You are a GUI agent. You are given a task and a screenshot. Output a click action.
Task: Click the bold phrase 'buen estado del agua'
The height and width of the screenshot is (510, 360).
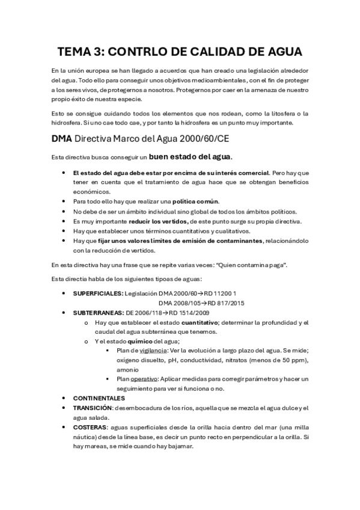[x=190, y=158]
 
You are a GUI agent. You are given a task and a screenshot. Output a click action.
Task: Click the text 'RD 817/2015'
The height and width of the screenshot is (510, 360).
[x=225, y=303]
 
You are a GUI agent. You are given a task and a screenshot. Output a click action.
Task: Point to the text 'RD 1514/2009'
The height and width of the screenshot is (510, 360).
[x=189, y=313]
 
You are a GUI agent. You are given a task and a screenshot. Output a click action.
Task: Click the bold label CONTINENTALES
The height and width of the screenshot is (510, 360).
[x=99, y=398]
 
